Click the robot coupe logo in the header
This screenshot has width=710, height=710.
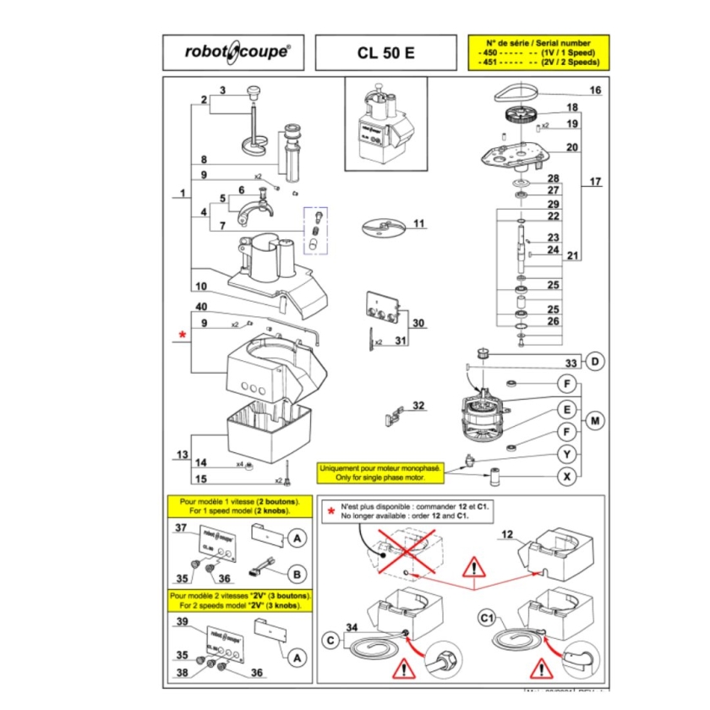pyautogui.click(x=238, y=52)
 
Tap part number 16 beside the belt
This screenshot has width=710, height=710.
pyautogui.click(x=594, y=90)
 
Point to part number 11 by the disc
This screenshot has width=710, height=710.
pyautogui.click(x=418, y=223)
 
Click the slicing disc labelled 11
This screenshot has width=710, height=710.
pyautogui.click(x=380, y=228)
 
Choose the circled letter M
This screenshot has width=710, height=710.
pyautogui.click(x=596, y=420)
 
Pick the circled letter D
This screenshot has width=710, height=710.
pyautogui.click(x=595, y=363)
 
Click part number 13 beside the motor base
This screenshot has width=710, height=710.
pyautogui.click(x=183, y=455)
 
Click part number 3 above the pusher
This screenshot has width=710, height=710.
pyautogui.click(x=222, y=90)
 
